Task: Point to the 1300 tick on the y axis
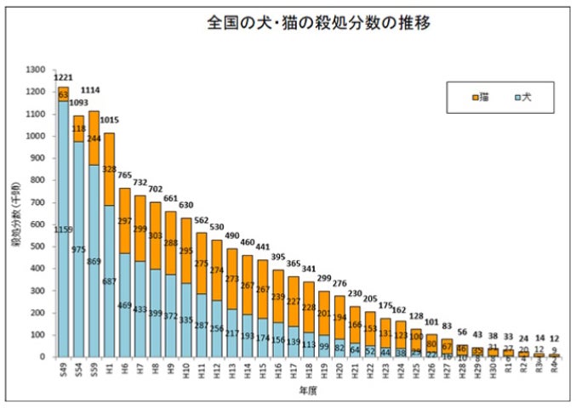point(37,70)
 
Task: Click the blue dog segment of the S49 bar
point(62,255)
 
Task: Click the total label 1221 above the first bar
point(62,76)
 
